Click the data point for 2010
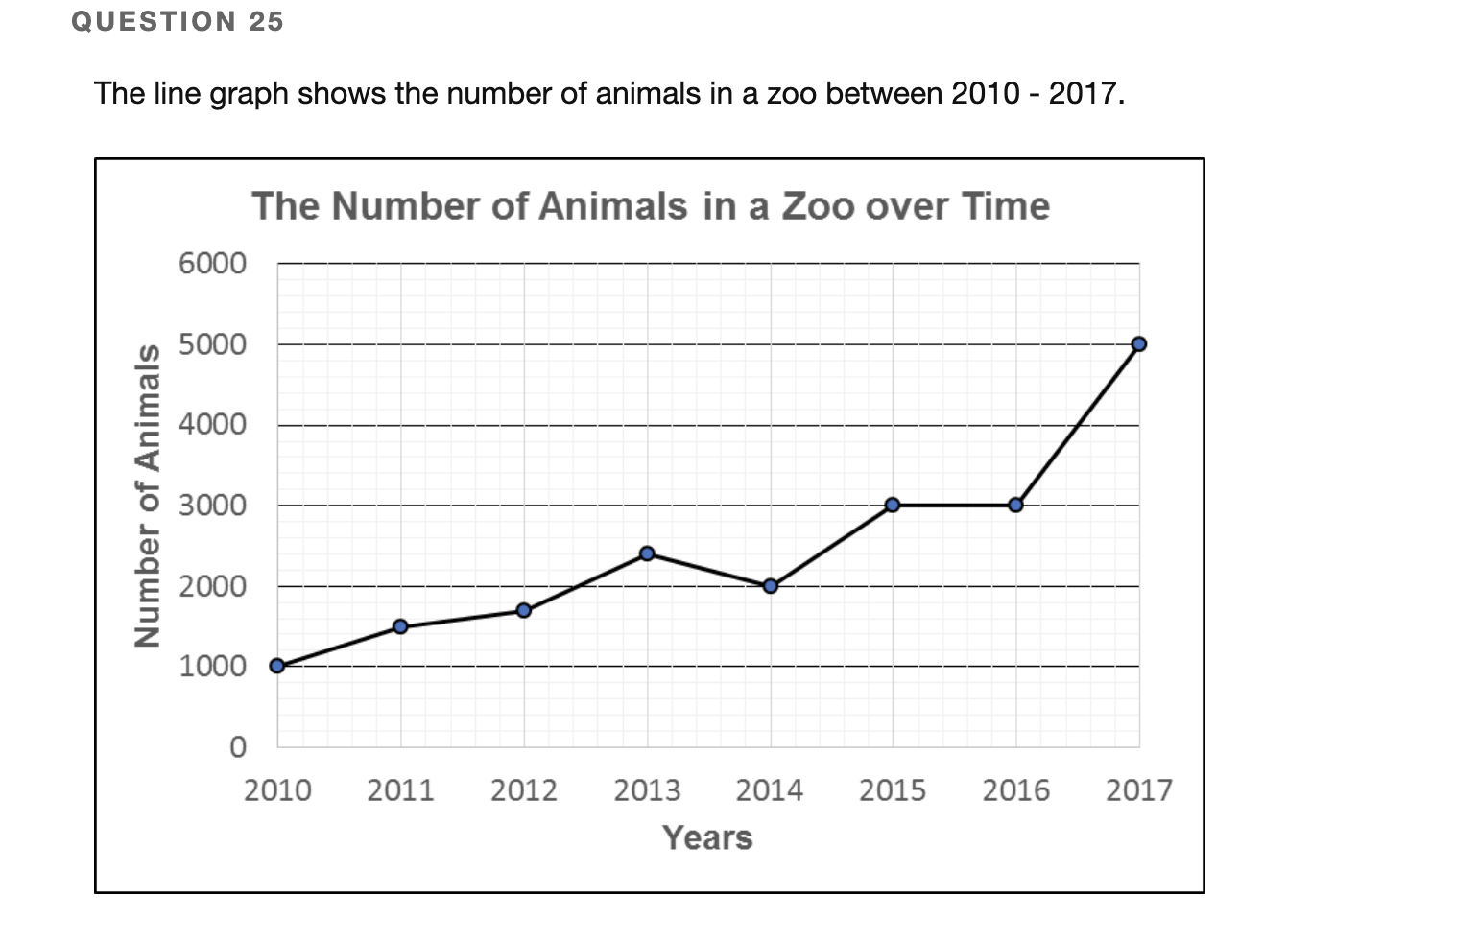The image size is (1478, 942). (x=277, y=666)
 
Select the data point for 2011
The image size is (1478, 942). (x=400, y=626)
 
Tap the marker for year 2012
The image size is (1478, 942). (x=523, y=610)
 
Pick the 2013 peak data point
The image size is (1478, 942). (x=647, y=553)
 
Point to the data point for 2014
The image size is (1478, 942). (x=770, y=585)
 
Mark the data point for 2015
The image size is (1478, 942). (x=893, y=505)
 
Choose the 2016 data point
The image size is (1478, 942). (x=1015, y=505)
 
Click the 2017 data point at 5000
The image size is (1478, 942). (x=1139, y=343)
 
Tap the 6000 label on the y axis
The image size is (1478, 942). (x=212, y=263)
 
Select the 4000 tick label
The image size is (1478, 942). (x=212, y=424)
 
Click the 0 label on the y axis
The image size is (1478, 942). (x=237, y=746)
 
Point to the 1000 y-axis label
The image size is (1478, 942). (x=212, y=666)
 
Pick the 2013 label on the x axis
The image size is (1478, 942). (x=647, y=790)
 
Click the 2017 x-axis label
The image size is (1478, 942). (x=1139, y=790)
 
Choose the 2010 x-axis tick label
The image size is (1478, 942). (x=277, y=790)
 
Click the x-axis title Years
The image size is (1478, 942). (x=707, y=837)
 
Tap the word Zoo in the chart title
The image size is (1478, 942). (x=818, y=206)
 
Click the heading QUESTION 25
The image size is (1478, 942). (x=178, y=21)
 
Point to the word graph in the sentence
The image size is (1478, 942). (x=249, y=94)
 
